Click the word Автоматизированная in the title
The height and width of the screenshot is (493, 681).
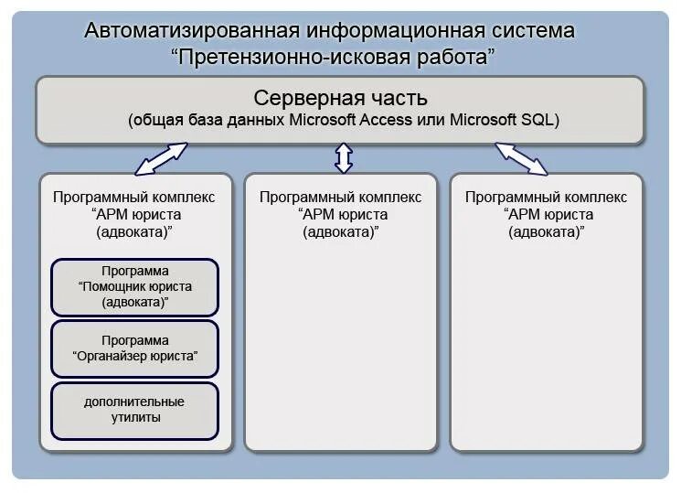192,30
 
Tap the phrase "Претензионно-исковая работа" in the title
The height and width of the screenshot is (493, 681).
334,57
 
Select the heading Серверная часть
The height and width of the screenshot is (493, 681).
340,98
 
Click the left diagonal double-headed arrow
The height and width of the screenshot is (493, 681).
161,157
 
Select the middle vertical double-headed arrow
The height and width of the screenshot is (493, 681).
344,157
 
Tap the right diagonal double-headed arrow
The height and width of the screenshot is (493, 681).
521,157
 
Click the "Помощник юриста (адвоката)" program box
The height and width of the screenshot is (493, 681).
135,286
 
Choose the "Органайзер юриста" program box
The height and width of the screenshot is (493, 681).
135,348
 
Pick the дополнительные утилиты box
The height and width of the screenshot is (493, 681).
135,410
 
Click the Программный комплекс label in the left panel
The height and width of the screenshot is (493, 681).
134,197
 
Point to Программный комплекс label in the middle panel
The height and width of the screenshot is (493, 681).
341,197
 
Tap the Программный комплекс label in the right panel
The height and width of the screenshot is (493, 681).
547,197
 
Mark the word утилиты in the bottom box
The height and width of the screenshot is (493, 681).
135,418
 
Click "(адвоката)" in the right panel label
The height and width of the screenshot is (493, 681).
547,231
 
